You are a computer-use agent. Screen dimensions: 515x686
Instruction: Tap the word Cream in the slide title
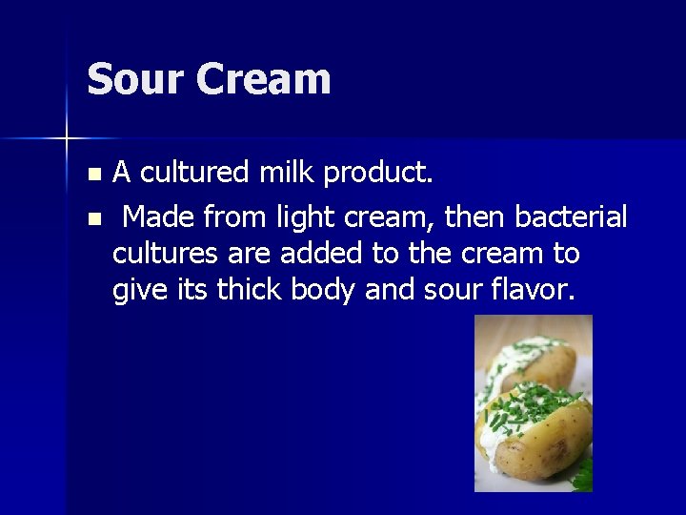click(x=264, y=79)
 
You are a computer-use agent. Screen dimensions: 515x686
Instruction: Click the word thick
click(x=251, y=290)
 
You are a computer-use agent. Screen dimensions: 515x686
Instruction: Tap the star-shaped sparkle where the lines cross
click(x=67, y=139)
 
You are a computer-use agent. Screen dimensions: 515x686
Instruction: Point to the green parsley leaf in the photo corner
click(x=580, y=472)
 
